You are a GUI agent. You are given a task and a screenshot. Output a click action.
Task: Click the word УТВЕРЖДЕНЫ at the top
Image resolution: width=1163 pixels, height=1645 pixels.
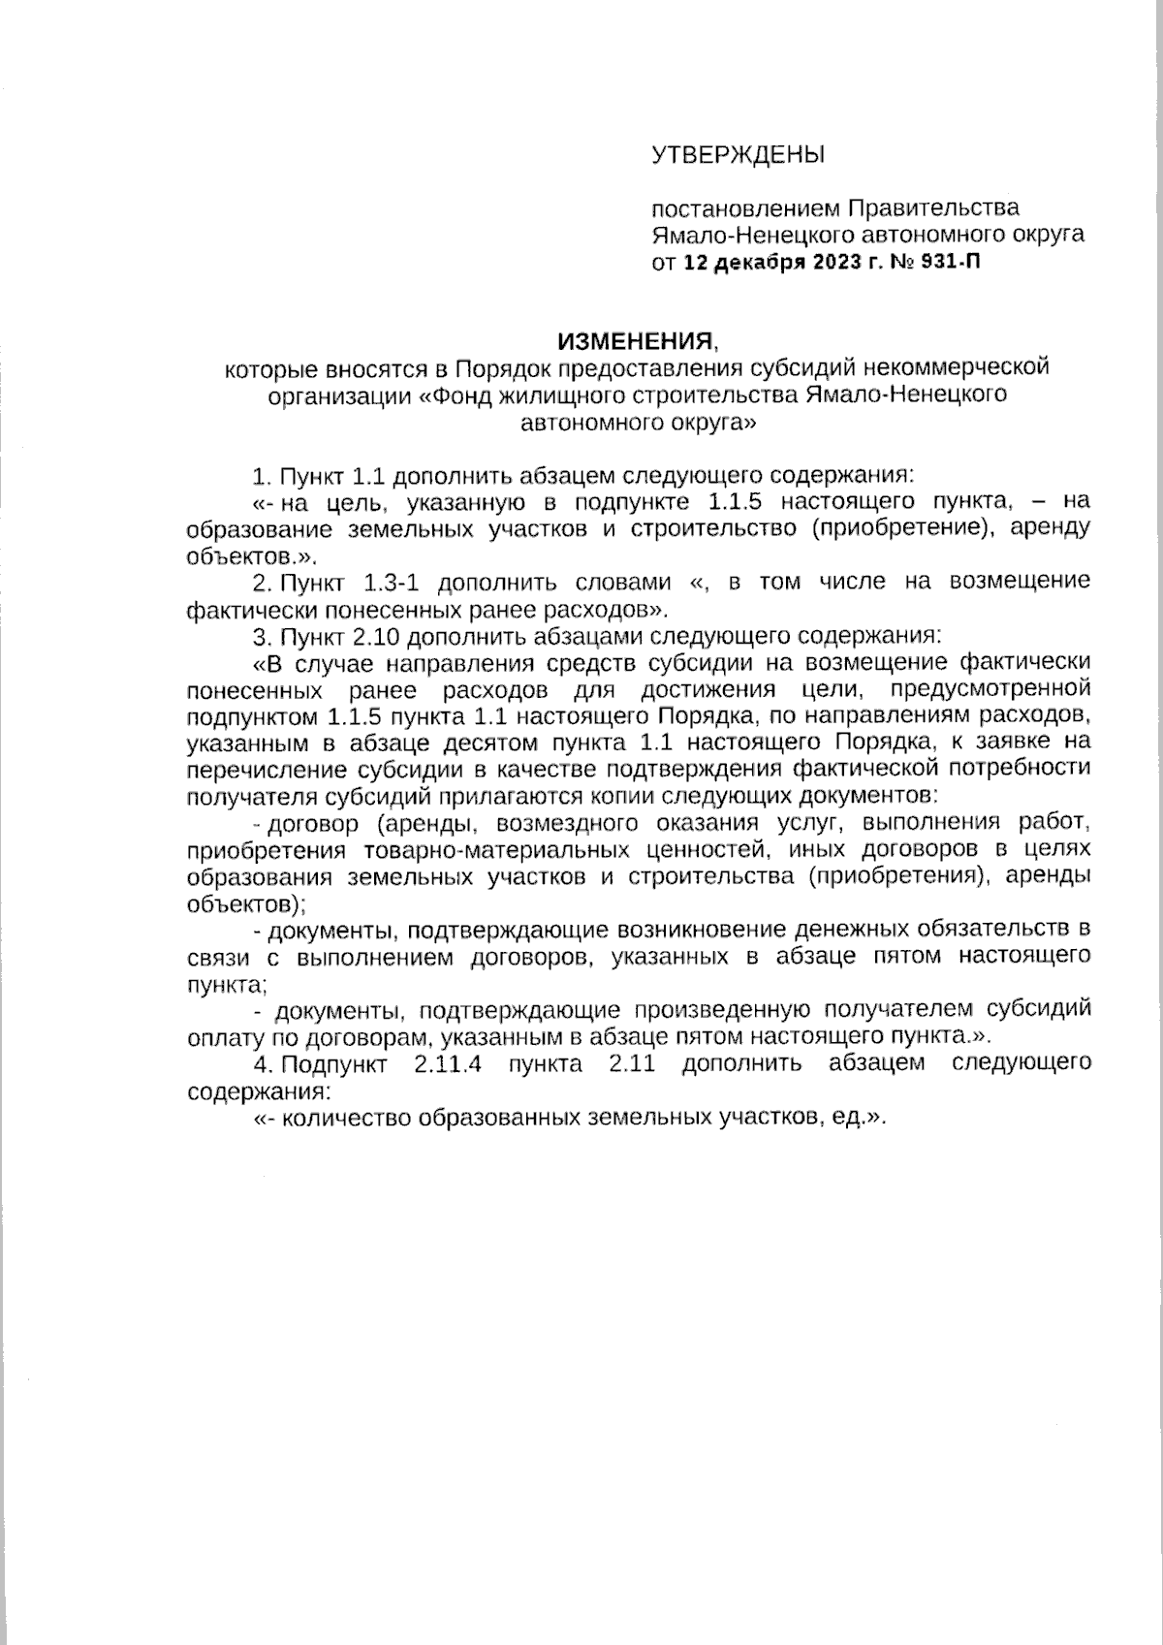(x=737, y=155)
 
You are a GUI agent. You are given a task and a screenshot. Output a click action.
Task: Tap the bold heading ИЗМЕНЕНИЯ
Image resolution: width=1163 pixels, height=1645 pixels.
(x=635, y=341)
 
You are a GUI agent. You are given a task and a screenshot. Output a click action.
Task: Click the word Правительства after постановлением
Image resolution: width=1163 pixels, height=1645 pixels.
(x=933, y=207)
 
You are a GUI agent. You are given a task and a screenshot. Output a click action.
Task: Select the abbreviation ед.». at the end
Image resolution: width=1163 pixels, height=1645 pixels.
(x=860, y=1117)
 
